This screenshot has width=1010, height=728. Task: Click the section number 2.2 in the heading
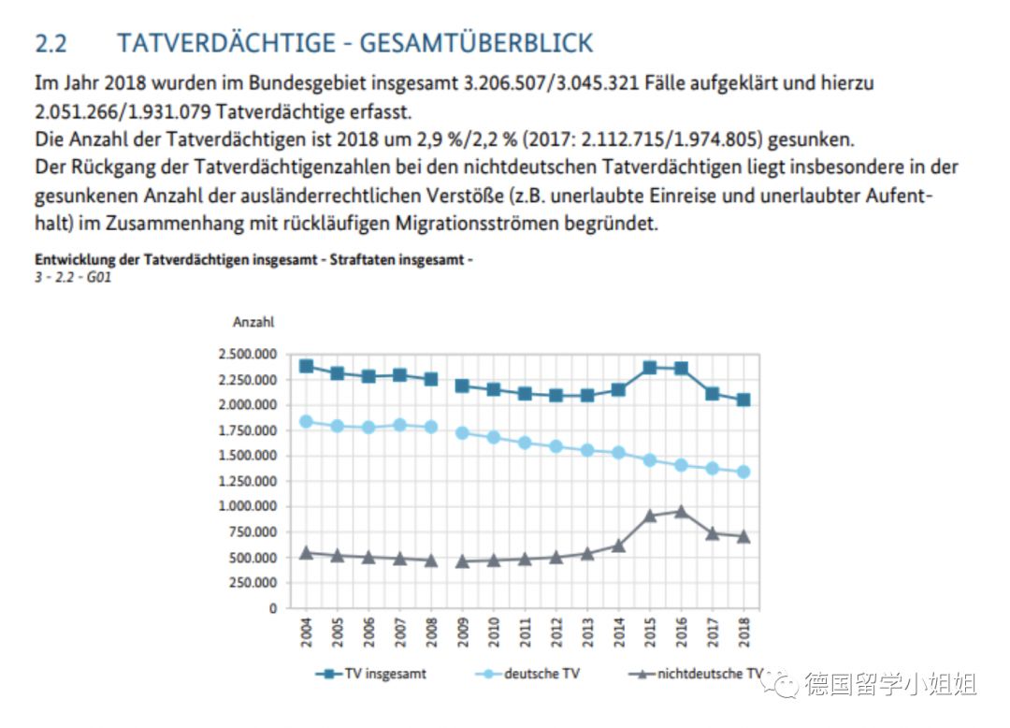tap(53, 43)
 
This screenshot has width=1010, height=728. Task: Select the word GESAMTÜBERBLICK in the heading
tap(476, 43)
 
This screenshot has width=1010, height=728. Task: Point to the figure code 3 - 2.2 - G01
tap(74, 277)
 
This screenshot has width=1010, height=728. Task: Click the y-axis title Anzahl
tap(252, 322)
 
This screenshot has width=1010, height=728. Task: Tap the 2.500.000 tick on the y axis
tap(247, 355)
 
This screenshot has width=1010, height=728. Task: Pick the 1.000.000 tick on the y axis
tap(247, 506)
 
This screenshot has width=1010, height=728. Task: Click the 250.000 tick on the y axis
tap(252, 582)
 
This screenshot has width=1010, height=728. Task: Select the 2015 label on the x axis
tap(650, 632)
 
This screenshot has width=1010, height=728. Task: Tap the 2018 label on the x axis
tap(743, 632)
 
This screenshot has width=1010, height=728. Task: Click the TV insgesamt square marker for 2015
tap(650, 368)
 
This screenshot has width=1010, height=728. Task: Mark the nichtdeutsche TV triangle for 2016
tap(681, 512)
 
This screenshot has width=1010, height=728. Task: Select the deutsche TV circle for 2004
tap(306, 421)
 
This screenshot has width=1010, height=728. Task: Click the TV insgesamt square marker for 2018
tap(743, 400)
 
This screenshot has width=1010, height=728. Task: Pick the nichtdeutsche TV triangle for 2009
tap(462, 561)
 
